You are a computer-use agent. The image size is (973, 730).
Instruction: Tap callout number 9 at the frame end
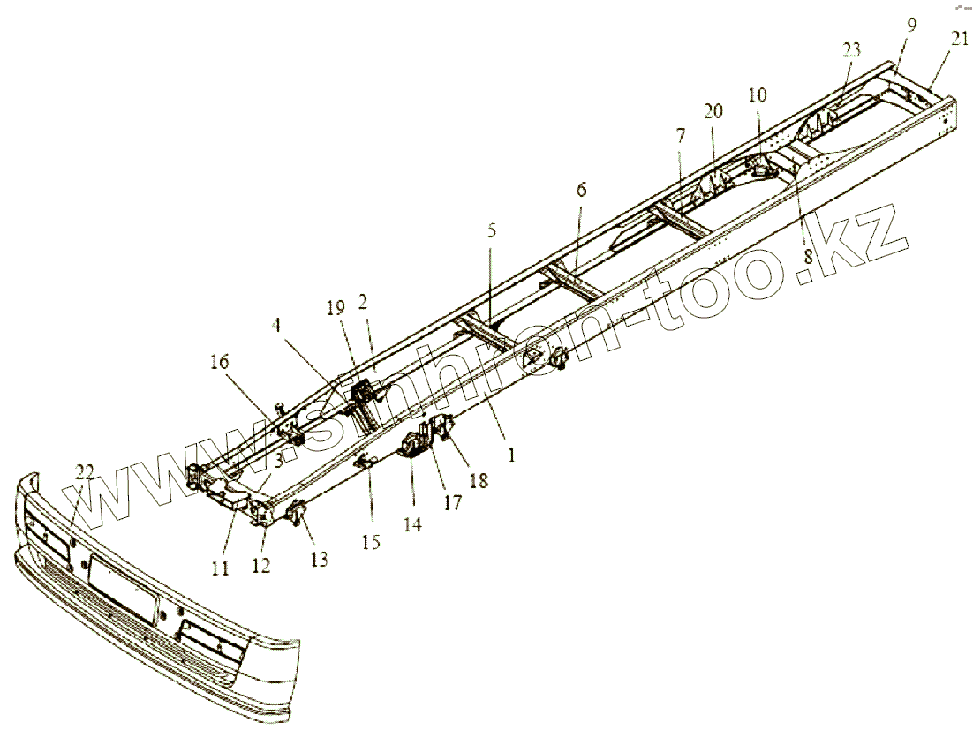pos(911,25)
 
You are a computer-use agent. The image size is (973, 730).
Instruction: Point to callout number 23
pos(850,51)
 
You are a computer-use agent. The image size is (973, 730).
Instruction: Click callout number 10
pos(758,95)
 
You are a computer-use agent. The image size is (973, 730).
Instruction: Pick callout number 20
pos(713,111)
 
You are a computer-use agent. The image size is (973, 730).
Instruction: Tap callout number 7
pos(679,136)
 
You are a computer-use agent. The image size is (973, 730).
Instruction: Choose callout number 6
pos(580,189)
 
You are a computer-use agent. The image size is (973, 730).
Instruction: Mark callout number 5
pos(492,232)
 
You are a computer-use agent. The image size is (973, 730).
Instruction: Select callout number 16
pos(219,361)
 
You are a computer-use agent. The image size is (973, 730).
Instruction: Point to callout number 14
pos(412,523)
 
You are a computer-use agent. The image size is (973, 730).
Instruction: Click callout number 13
pos(318,559)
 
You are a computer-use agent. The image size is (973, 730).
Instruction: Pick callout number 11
pos(220,569)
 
